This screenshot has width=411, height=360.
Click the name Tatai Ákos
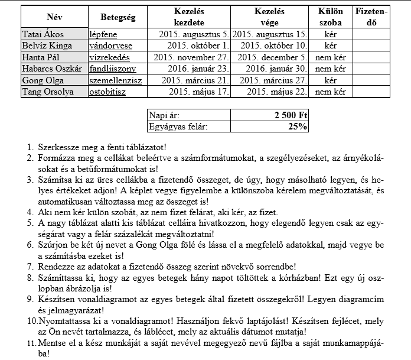[x=43, y=34]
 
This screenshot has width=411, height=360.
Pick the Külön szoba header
[x=331, y=17]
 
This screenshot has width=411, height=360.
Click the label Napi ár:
[x=167, y=115]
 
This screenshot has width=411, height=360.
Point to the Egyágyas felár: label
[x=179, y=126]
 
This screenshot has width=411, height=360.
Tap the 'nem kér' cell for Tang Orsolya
[x=331, y=92]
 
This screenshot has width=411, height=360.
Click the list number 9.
[x=30, y=300]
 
